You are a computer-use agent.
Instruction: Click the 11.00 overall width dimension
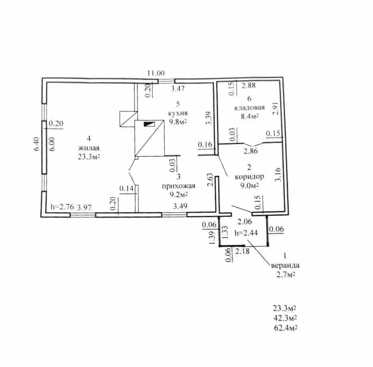156,73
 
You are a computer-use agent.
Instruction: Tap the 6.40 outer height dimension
37,144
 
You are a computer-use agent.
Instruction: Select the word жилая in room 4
89,148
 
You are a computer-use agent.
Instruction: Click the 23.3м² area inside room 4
88,157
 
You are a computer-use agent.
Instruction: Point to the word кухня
178,113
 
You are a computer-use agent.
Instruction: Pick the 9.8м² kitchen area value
178,122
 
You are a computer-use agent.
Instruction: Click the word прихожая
179,186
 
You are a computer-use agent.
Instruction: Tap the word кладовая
249,107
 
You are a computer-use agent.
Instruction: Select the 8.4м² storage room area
249,116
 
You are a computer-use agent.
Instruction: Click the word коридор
249,177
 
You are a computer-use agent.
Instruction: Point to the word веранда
285,265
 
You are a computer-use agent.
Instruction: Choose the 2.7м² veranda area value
285,275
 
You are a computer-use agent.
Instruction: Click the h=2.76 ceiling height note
62,206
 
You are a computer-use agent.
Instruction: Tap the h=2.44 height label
246,233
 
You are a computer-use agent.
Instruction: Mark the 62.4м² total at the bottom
285,328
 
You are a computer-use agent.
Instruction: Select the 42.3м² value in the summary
285,318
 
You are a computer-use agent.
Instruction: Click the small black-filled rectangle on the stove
150,124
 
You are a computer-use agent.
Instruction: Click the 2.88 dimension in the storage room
249,86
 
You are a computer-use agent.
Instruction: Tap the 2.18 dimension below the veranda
243,251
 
